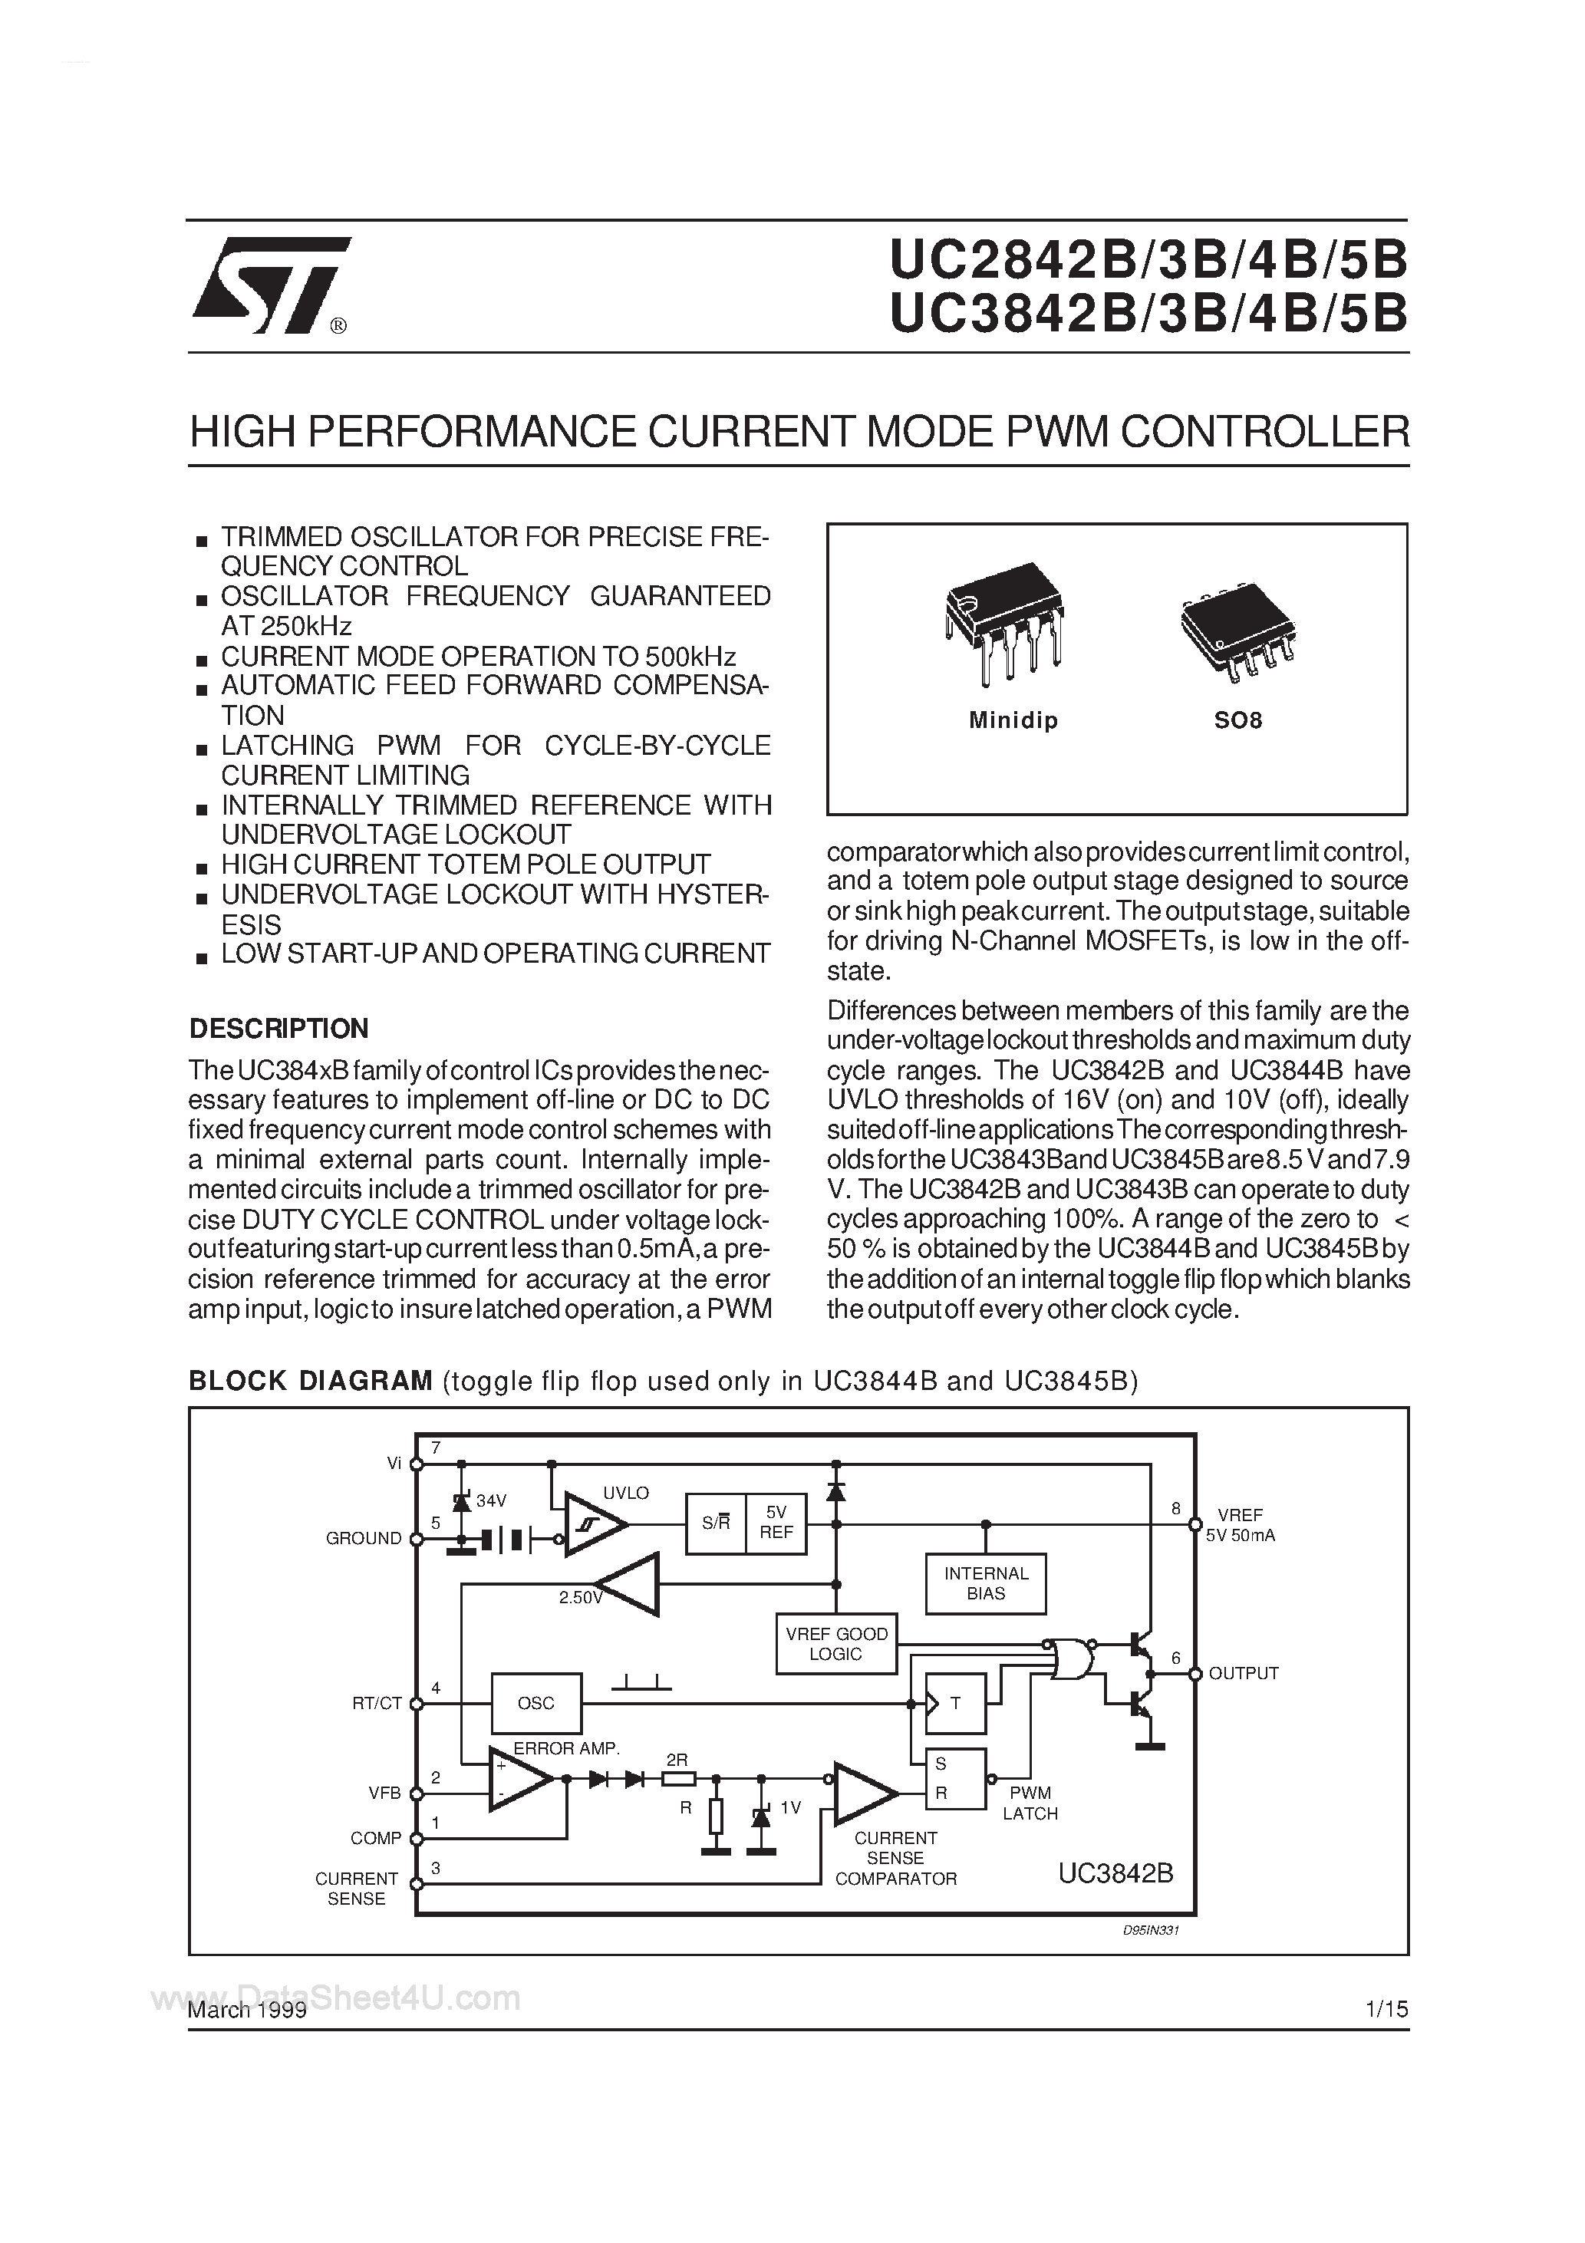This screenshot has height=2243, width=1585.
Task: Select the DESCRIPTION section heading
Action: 278,1029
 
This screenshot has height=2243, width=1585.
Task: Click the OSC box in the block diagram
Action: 535,1703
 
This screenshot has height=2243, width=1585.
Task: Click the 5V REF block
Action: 776,1523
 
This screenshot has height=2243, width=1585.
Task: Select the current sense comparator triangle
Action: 862,1793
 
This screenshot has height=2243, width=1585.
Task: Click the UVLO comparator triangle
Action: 594,1524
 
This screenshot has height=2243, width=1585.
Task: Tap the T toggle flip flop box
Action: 954,1703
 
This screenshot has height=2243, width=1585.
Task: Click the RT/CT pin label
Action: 377,1703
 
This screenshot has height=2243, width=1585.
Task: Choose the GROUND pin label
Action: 364,1538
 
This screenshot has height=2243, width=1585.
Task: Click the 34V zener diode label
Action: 492,1500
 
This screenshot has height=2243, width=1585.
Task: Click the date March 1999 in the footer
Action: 247,2010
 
